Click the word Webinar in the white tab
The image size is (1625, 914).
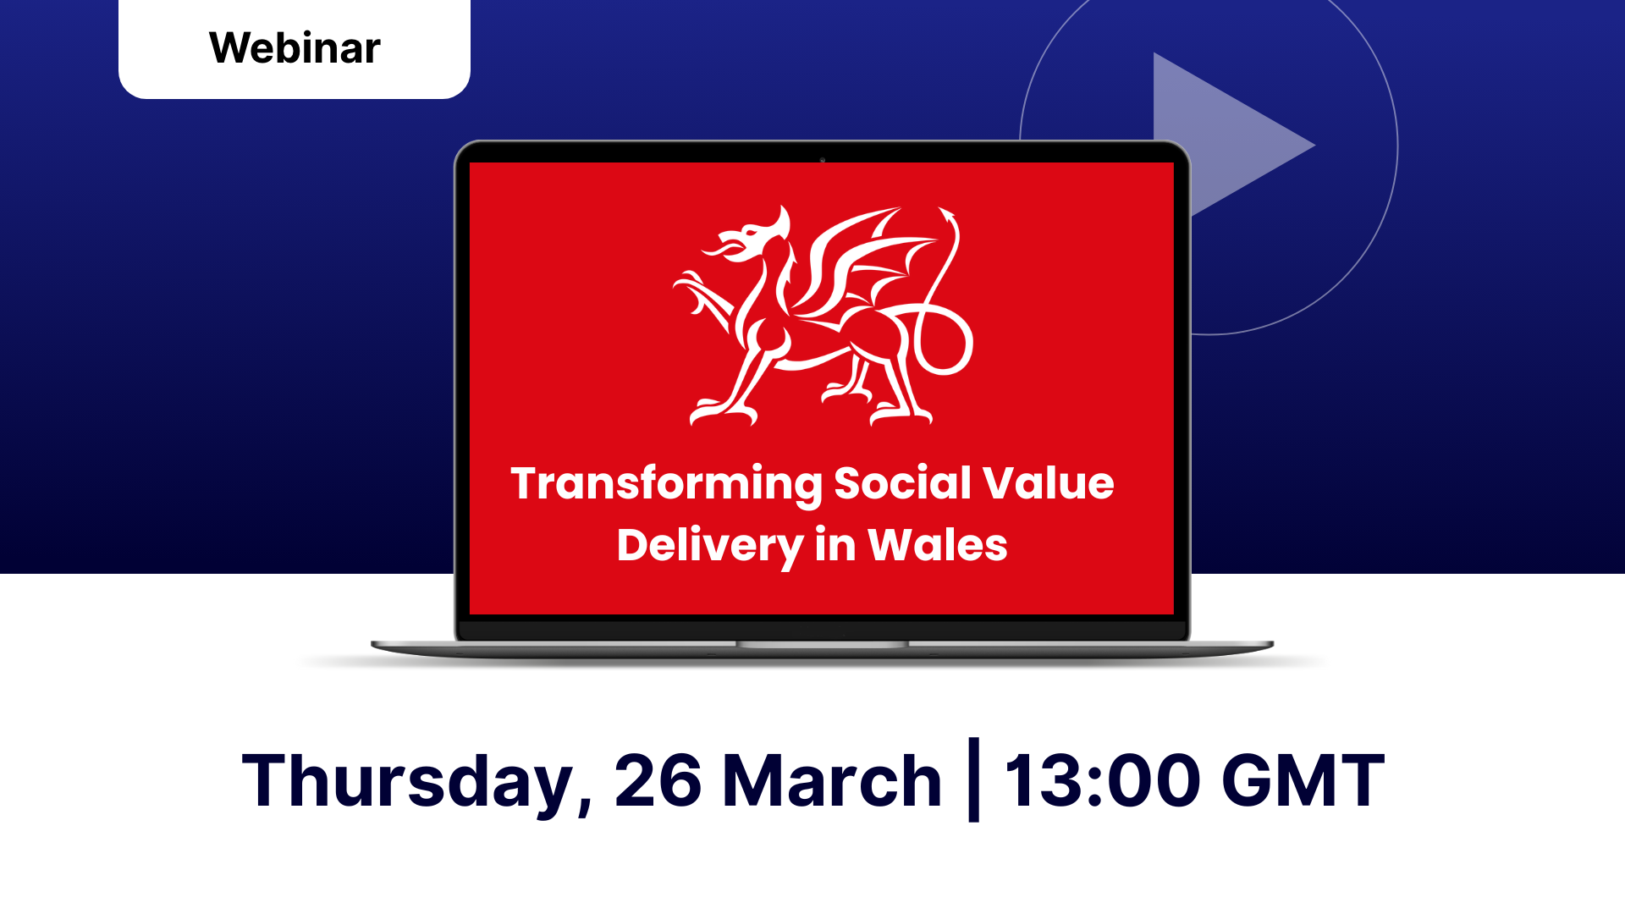point(295,48)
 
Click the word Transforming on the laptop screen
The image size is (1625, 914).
point(666,485)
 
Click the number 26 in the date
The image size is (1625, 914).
point(658,780)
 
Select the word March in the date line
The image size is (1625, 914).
point(832,780)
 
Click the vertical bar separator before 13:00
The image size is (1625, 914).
point(973,779)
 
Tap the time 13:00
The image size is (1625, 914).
point(1102,780)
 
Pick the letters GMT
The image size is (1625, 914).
point(1303,780)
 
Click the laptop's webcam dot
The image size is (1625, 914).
point(822,159)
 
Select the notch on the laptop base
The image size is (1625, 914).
point(822,645)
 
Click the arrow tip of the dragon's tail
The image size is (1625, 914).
point(947,213)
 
